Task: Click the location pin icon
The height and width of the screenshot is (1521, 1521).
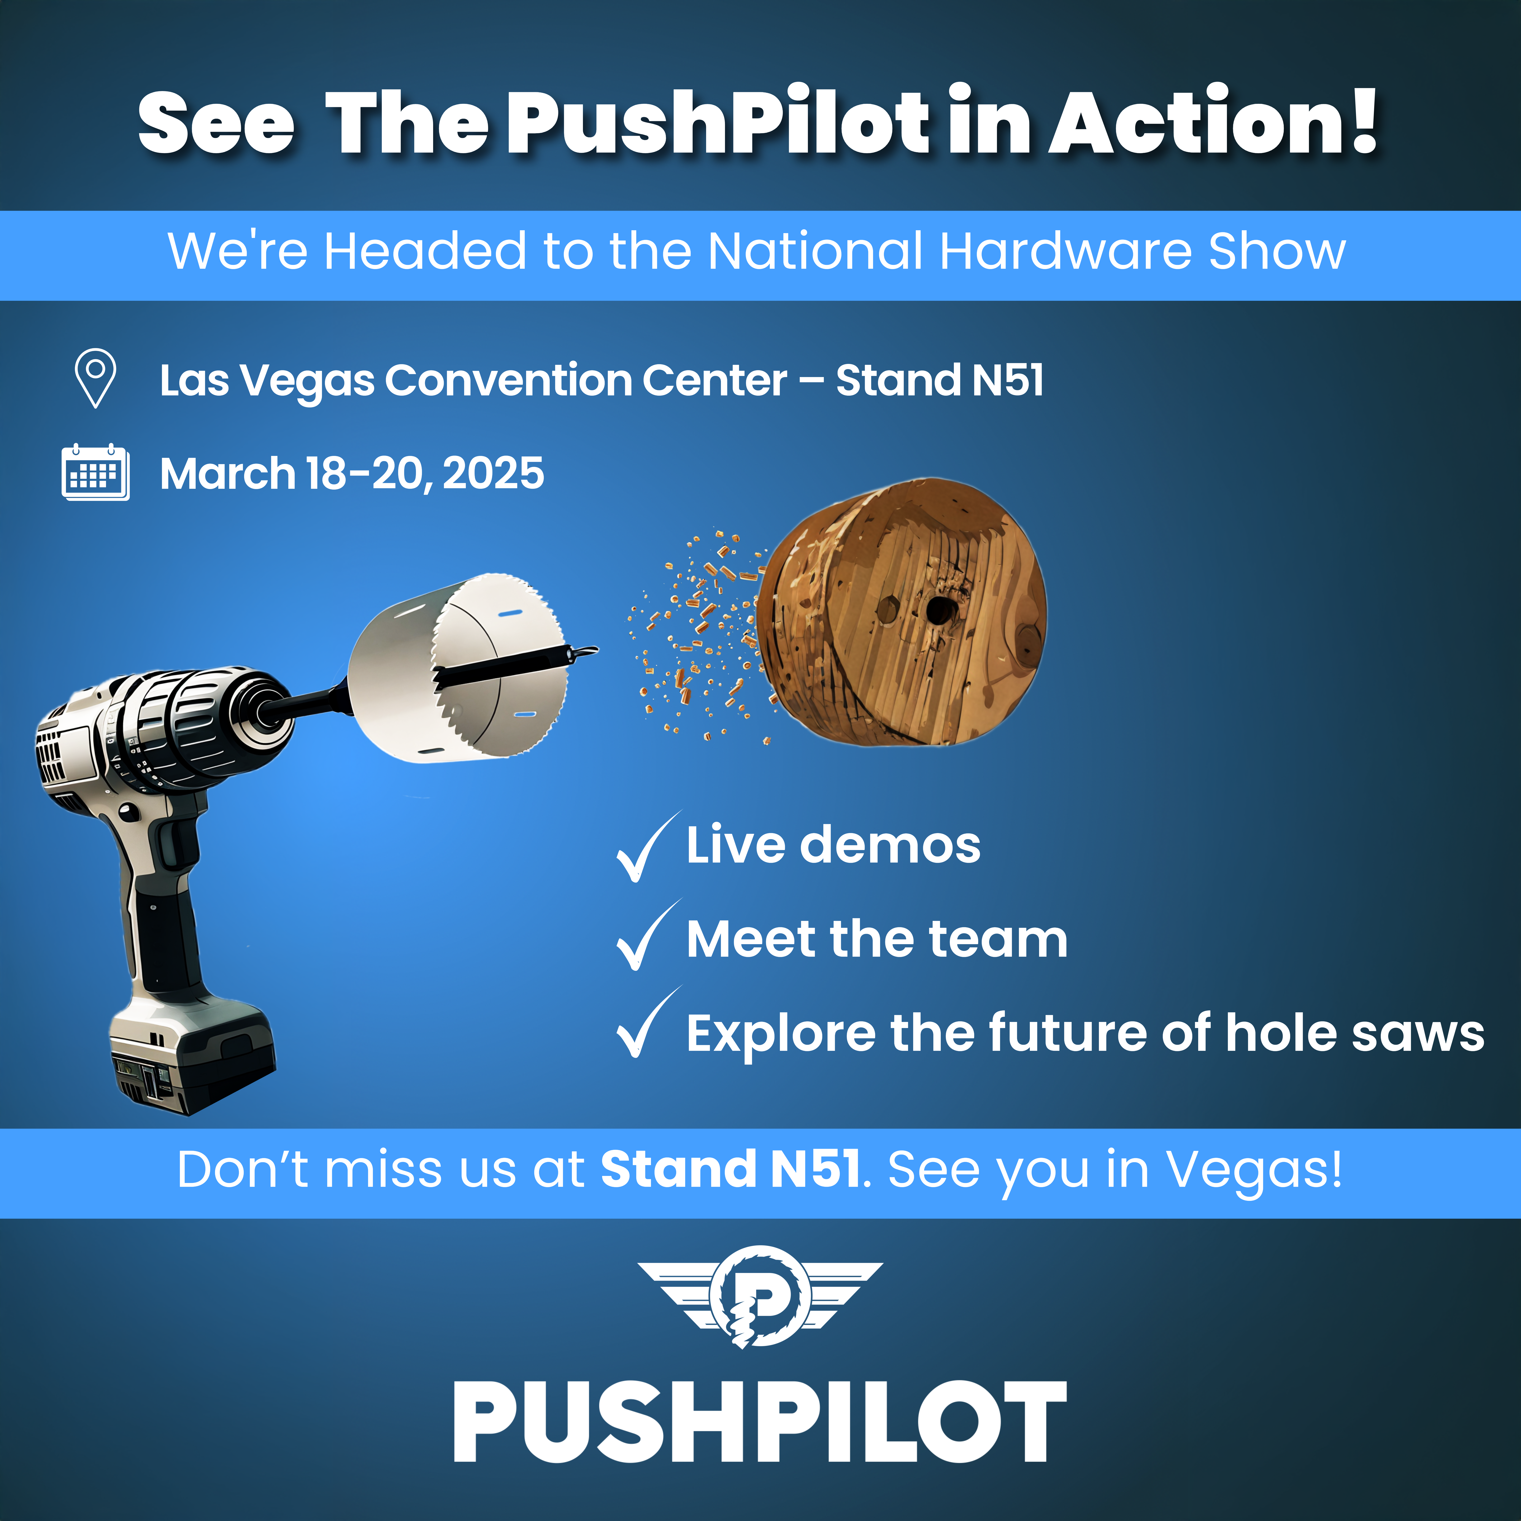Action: (x=95, y=378)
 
